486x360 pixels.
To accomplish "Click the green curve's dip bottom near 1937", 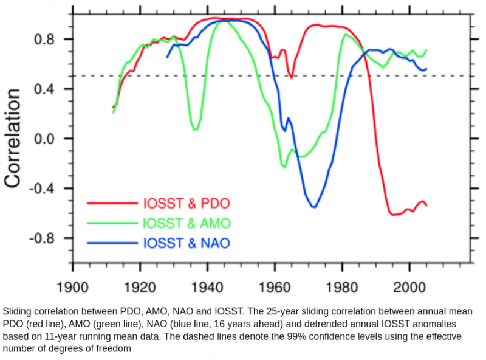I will tap(195, 130).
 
